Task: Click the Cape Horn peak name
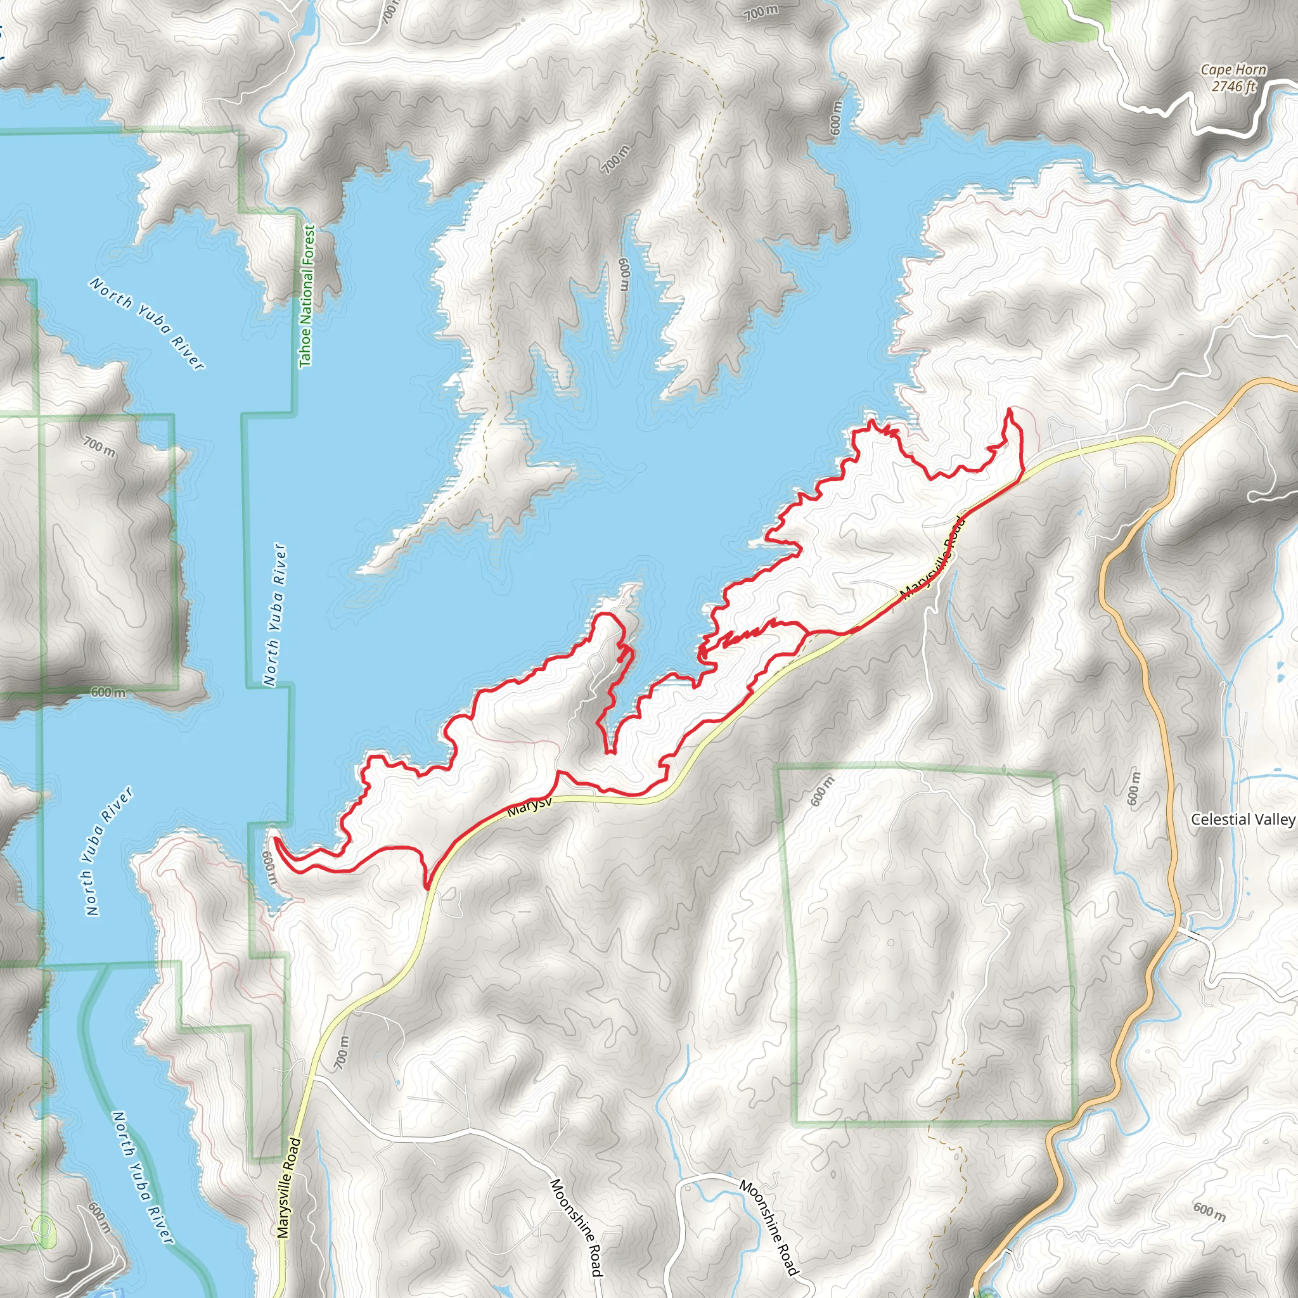(1233, 70)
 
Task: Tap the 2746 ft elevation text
(1233, 86)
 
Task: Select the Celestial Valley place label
(1242, 819)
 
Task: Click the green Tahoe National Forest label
(307, 295)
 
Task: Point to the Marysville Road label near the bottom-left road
(287, 1188)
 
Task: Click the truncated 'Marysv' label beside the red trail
(529, 806)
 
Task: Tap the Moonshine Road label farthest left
(577, 1227)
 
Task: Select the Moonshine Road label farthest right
(770, 1227)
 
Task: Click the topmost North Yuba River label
(146, 323)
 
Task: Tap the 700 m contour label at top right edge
(761, 12)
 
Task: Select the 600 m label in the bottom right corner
(1209, 1212)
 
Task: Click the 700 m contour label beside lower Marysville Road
(343, 1053)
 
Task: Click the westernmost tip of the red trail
(275, 839)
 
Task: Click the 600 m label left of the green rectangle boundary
(822, 791)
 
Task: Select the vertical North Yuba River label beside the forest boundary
(276, 615)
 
